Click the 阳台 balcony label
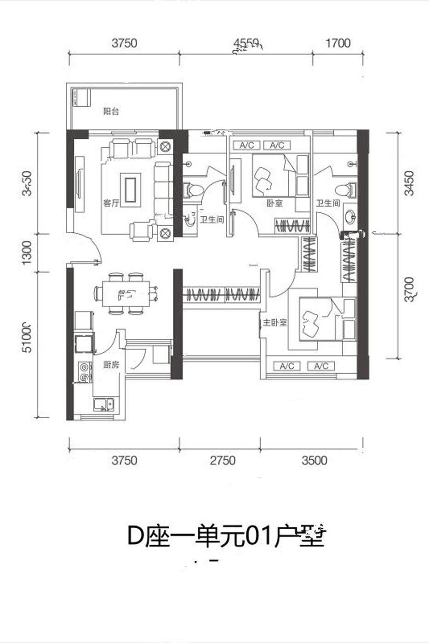(x=111, y=111)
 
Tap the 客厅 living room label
(x=111, y=203)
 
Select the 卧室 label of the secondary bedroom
(x=274, y=203)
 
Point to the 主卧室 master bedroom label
(x=274, y=322)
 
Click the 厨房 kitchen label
(x=111, y=365)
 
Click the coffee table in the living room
(x=130, y=188)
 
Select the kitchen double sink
(x=104, y=405)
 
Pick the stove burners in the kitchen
(x=84, y=372)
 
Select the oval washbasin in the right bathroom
(x=350, y=216)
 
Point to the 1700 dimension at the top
(x=337, y=43)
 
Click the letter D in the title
(x=135, y=536)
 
